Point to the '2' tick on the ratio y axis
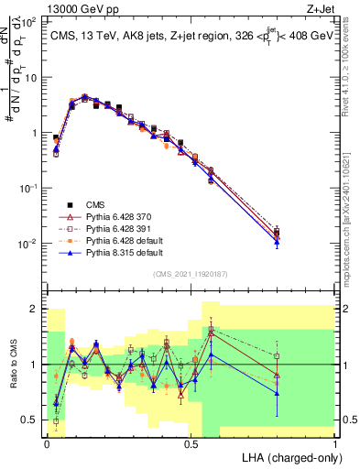coord(35,309)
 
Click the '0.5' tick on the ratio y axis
coord(29,420)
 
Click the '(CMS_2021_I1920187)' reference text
coord(191,273)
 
